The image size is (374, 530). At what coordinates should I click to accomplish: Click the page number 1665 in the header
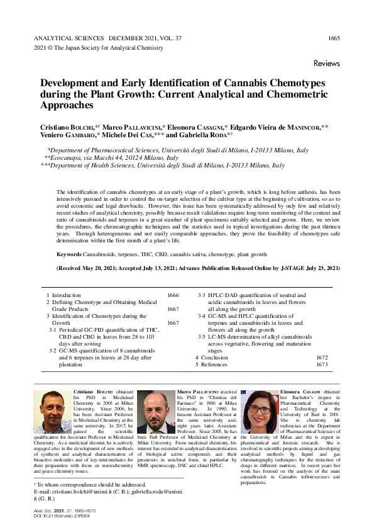tap(334, 38)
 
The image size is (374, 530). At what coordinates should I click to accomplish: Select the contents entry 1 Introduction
tap(63, 295)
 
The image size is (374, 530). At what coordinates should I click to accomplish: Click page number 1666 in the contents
tap(173, 295)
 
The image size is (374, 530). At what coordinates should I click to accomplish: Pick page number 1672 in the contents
tap(322, 357)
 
